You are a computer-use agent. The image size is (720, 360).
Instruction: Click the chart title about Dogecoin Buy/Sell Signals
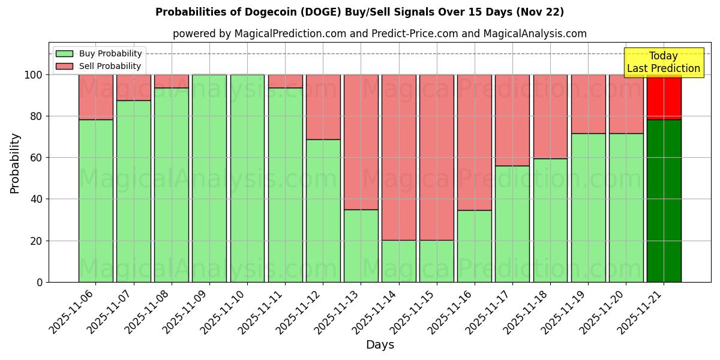[359, 12]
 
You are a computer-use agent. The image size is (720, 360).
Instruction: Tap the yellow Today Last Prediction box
[663, 62]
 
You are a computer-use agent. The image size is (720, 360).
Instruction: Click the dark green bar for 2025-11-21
[664, 201]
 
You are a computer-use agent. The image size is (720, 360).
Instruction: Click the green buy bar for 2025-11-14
[399, 261]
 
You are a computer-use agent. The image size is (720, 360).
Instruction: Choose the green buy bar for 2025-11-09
[209, 178]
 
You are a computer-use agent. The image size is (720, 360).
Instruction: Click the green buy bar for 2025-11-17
[512, 224]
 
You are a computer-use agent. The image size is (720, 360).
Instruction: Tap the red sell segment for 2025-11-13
[361, 142]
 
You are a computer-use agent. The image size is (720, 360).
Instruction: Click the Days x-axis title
[380, 345]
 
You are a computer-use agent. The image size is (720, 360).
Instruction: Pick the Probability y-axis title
[15, 163]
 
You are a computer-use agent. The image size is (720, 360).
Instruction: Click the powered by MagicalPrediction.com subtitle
[379, 34]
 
